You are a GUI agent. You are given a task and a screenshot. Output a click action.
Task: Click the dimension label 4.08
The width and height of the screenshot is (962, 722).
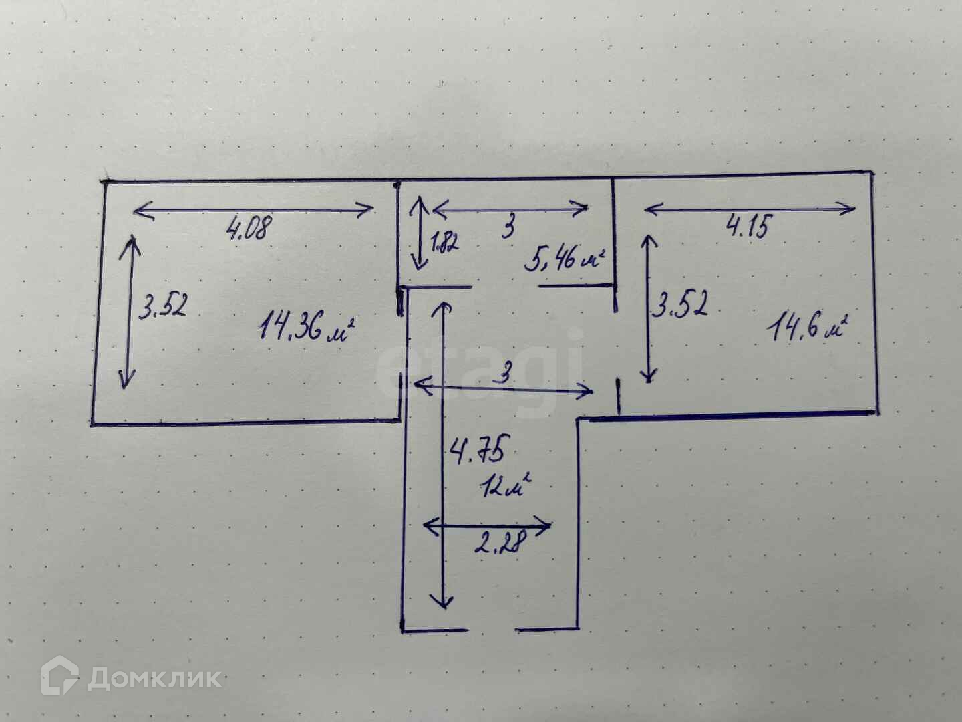tap(250, 229)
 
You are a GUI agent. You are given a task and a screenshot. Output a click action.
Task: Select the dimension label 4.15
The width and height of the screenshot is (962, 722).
tap(748, 227)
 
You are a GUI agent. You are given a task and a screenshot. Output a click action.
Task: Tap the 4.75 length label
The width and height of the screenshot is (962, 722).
tap(478, 451)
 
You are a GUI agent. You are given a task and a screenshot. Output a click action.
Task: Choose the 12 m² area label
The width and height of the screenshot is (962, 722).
tap(505, 486)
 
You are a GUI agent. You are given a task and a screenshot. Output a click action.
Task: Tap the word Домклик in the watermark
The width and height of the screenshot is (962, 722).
tap(154, 679)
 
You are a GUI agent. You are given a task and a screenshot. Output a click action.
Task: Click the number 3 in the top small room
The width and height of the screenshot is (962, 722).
tap(509, 229)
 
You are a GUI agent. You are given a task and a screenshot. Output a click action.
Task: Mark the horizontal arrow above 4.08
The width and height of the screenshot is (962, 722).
tap(254, 211)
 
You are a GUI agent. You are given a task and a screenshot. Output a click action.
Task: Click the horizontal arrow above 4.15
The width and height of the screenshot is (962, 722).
tap(750, 210)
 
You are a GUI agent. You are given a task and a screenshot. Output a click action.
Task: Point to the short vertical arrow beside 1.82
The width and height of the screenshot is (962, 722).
tap(419, 233)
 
